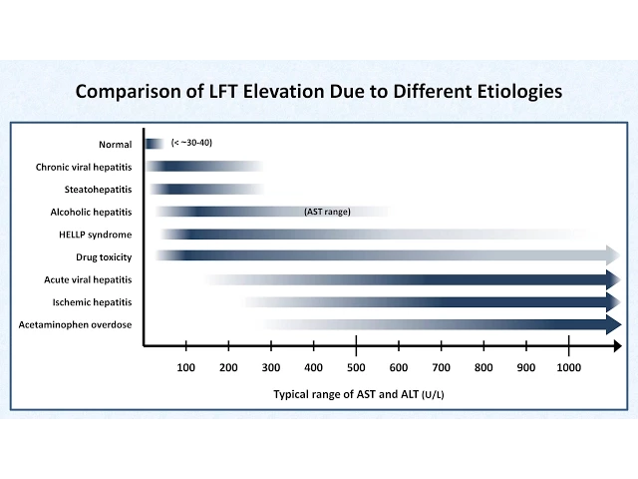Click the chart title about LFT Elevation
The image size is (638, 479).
(319, 91)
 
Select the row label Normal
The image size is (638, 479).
(115, 144)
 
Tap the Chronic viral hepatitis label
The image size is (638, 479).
(83, 167)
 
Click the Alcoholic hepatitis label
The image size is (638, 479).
(91, 212)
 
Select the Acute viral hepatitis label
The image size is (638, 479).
(88, 280)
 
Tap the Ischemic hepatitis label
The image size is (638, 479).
(92, 302)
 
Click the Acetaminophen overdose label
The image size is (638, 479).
(75, 324)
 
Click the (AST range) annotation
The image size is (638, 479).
(327, 212)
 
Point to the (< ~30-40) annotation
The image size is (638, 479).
(191, 143)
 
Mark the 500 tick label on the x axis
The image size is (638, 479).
(356, 367)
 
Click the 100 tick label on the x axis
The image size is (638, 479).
(185, 367)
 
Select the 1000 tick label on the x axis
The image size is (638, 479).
(568, 367)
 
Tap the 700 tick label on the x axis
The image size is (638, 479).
(441, 367)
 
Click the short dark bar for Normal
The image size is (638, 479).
(154, 144)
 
